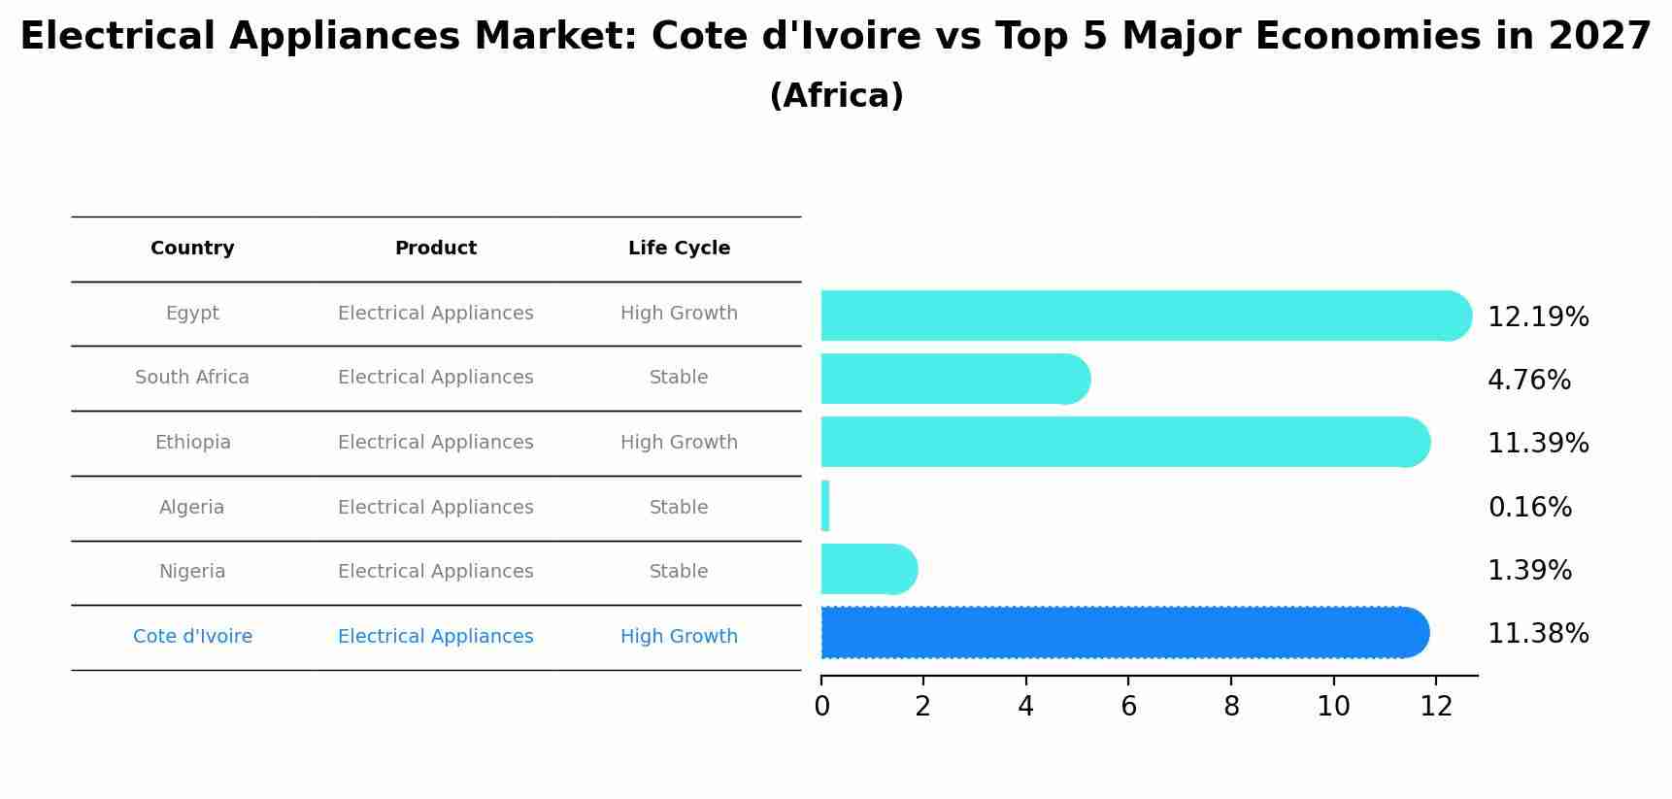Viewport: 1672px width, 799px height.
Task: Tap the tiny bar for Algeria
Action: click(825, 506)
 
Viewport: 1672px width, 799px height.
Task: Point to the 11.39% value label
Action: click(1538, 444)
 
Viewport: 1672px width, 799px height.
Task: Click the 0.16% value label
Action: click(1529, 507)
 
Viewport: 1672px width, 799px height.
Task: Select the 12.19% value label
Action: click(1538, 317)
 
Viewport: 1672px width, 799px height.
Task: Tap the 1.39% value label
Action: click(1529, 571)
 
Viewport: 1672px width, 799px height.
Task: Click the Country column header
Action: click(192, 249)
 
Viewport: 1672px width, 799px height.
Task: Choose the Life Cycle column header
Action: click(679, 249)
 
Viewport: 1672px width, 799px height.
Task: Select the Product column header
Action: click(435, 249)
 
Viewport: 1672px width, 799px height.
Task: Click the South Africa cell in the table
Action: click(192, 378)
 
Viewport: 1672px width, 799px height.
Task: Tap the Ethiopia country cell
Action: click(192, 443)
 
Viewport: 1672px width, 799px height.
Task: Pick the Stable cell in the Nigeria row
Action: click(679, 572)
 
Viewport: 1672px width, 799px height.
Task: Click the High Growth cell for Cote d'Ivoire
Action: click(679, 637)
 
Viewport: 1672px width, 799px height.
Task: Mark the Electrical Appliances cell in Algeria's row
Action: click(435, 508)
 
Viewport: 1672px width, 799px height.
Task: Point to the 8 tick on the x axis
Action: click(1231, 707)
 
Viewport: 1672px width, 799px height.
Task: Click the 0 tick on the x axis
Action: click(821, 707)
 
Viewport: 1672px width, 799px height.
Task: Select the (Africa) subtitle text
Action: click(836, 96)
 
